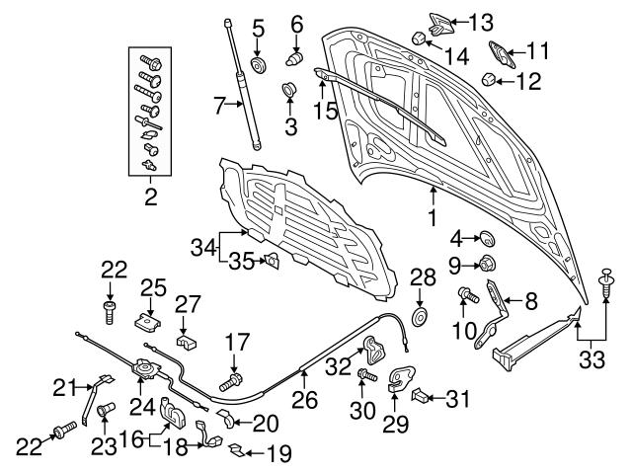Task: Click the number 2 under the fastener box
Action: point(151,197)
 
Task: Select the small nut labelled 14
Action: point(418,39)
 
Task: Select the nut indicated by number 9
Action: point(486,264)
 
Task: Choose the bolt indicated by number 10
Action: point(466,294)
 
